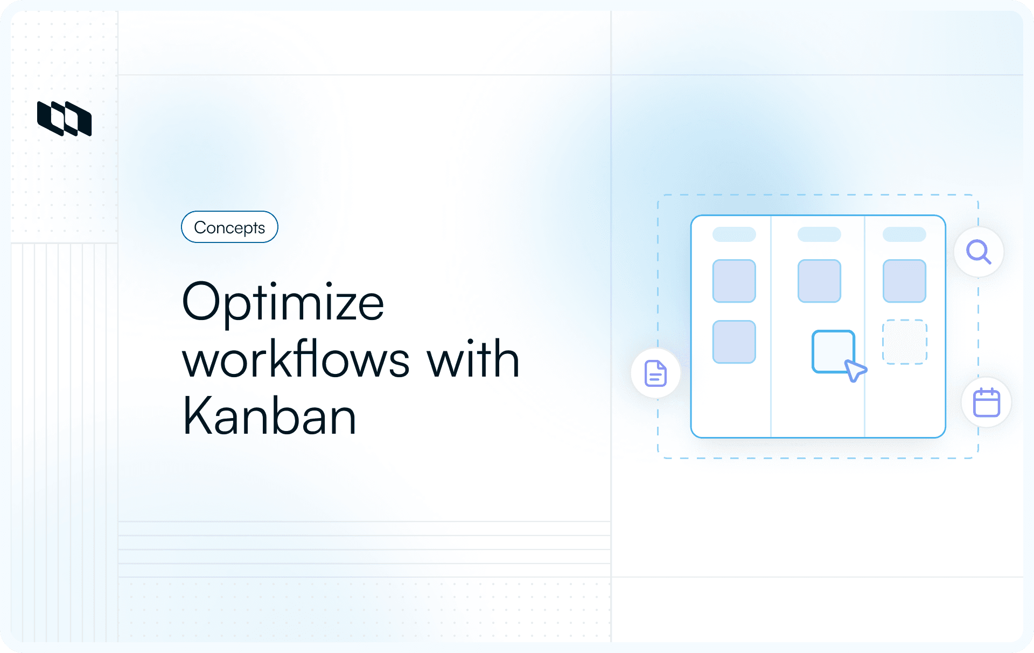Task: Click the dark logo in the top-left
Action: (x=64, y=119)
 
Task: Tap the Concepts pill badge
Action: (x=229, y=227)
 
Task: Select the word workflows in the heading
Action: (x=296, y=359)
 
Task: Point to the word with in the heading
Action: (x=473, y=359)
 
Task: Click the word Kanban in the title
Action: (x=269, y=416)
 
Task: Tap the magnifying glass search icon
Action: (x=979, y=252)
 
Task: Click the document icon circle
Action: (x=655, y=373)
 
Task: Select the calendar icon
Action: (x=986, y=402)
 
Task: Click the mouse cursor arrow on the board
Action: (x=855, y=371)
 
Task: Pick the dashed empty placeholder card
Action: (x=904, y=342)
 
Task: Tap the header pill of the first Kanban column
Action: (x=734, y=234)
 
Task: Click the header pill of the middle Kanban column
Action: (x=819, y=234)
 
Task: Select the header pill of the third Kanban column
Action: (x=904, y=234)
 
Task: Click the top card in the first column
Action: (x=734, y=281)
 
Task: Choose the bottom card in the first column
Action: (x=734, y=342)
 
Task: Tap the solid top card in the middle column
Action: (x=819, y=281)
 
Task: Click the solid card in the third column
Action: (x=904, y=281)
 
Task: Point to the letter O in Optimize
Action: (x=202, y=302)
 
